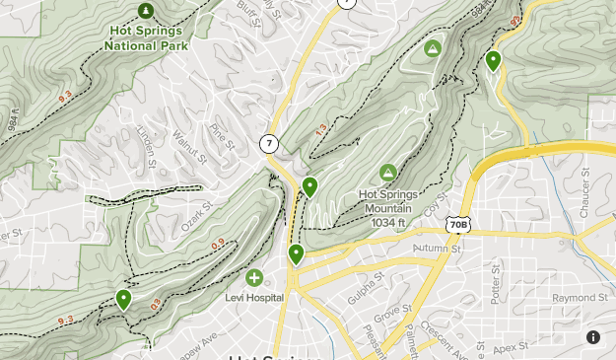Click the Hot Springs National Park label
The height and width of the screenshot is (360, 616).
(x=146, y=37)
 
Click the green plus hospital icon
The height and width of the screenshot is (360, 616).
(x=254, y=279)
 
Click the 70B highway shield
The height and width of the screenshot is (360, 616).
(x=457, y=226)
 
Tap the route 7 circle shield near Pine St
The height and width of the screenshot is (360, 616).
(x=269, y=144)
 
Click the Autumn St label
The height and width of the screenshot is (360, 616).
(x=438, y=249)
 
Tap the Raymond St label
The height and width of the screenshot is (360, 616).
(x=580, y=298)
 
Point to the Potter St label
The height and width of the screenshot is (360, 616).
(x=494, y=279)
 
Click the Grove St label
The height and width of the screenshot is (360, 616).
(x=391, y=317)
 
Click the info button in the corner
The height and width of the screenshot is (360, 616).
(x=593, y=337)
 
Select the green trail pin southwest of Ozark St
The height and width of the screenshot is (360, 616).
(x=124, y=299)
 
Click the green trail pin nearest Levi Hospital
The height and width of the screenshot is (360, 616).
(x=296, y=255)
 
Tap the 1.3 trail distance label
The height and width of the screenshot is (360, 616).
(x=321, y=129)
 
